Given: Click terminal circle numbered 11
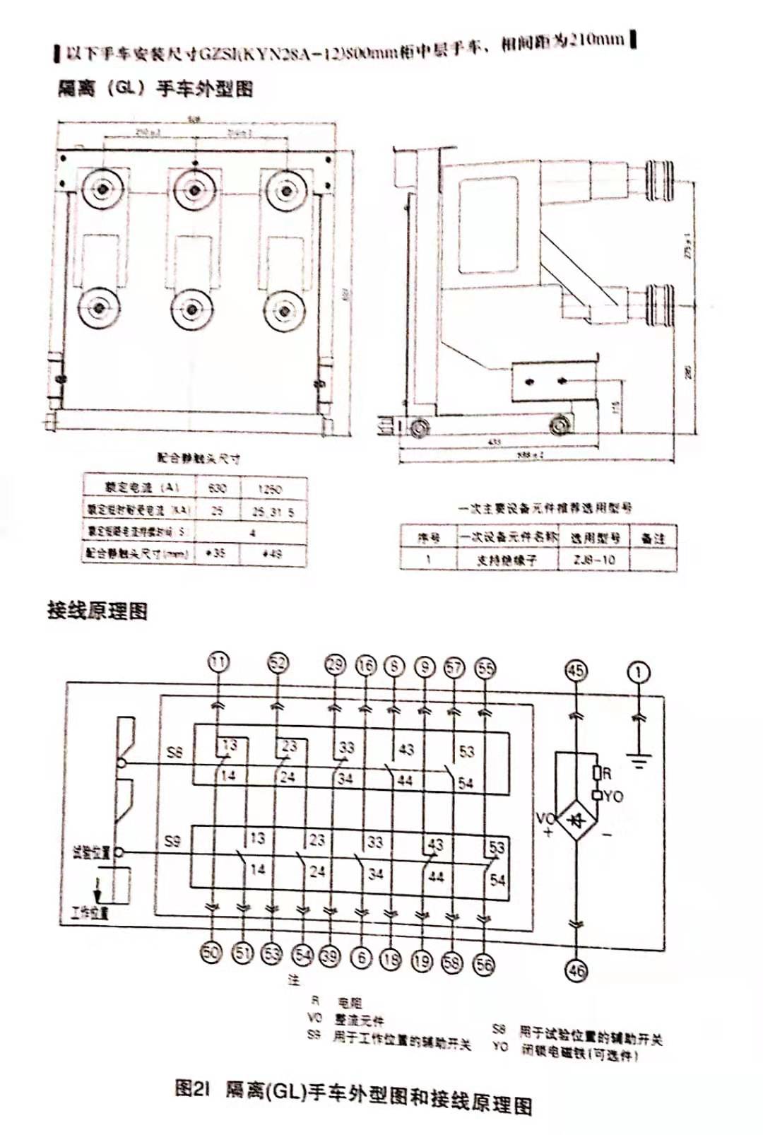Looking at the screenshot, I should pyautogui.click(x=219, y=662).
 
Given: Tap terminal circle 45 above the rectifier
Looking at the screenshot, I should pyautogui.click(x=576, y=670).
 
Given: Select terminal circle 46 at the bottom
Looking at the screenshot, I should pyautogui.click(x=576, y=970).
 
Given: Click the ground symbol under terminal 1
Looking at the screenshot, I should pyautogui.click(x=640, y=762).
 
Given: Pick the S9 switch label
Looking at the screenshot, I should pyautogui.click(x=172, y=841).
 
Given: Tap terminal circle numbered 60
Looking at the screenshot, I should pyautogui.click(x=211, y=952).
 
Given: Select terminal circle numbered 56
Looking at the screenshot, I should pyautogui.click(x=484, y=964).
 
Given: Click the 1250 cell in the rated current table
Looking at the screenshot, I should pyautogui.click(x=271, y=488).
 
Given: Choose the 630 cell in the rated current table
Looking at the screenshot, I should pyautogui.click(x=217, y=488).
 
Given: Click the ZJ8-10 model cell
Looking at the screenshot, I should pyautogui.click(x=595, y=559).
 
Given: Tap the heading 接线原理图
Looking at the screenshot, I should pyautogui.click(x=97, y=610).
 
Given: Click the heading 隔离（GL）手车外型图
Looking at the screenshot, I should pyautogui.click(x=155, y=88).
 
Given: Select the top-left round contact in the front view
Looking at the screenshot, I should pyautogui.click(x=103, y=189).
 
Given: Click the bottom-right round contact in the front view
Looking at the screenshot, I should pyautogui.click(x=285, y=309).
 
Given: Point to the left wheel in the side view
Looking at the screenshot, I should pyautogui.click(x=419, y=428).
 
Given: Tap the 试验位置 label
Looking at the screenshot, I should pyautogui.click(x=91, y=852).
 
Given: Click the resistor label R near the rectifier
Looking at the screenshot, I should pyautogui.click(x=606, y=774).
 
